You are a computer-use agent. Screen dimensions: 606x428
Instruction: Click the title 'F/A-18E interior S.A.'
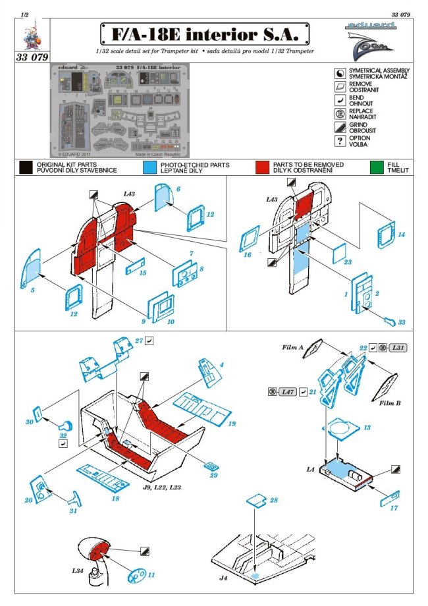(205, 33)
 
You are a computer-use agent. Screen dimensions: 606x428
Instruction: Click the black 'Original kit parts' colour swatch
(26, 167)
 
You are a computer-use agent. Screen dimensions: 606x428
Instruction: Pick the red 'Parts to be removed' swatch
(263, 167)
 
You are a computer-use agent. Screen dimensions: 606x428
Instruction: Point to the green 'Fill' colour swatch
(377, 167)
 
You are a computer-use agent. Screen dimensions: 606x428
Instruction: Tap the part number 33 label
(402, 323)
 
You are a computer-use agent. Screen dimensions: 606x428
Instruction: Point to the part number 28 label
(274, 501)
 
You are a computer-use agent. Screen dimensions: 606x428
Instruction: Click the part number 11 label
(151, 574)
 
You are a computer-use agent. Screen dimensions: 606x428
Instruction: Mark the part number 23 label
(348, 261)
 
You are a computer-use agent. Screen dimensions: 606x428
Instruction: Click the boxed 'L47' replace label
(286, 392)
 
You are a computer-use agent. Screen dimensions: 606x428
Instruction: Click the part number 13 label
(367, 428)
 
